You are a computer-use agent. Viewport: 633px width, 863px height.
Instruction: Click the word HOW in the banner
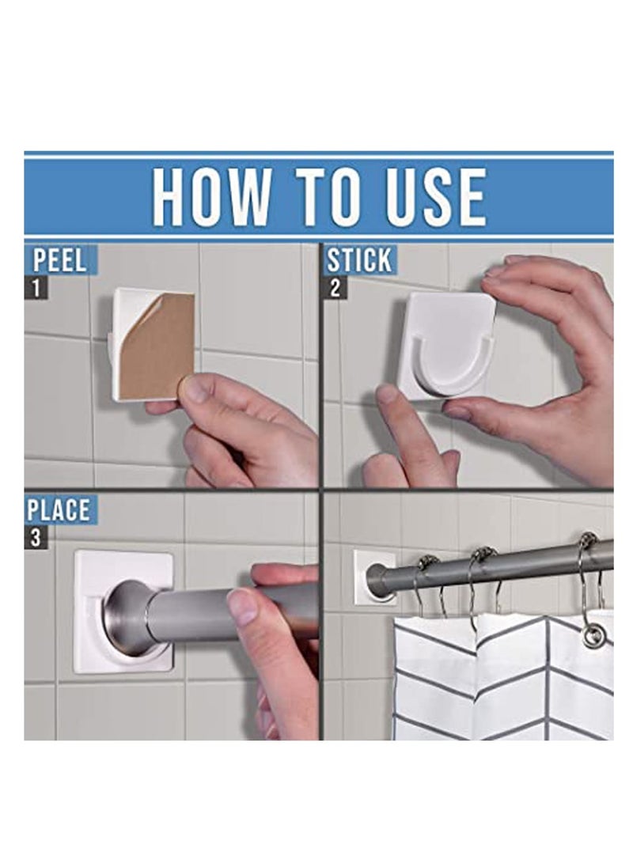[210, 196]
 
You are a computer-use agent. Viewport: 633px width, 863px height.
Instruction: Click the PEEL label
[60, 260]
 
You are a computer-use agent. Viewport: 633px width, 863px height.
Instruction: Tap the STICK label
[358, 260]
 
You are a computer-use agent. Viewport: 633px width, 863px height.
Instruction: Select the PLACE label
[59, 510]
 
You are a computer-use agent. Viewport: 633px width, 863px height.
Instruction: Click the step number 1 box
[35, 288]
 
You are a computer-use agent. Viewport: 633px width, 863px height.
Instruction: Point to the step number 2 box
[335, 288]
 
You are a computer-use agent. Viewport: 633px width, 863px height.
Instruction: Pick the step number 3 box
[35, 539]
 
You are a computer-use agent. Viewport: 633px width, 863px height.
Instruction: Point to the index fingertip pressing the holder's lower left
[388, 395]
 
